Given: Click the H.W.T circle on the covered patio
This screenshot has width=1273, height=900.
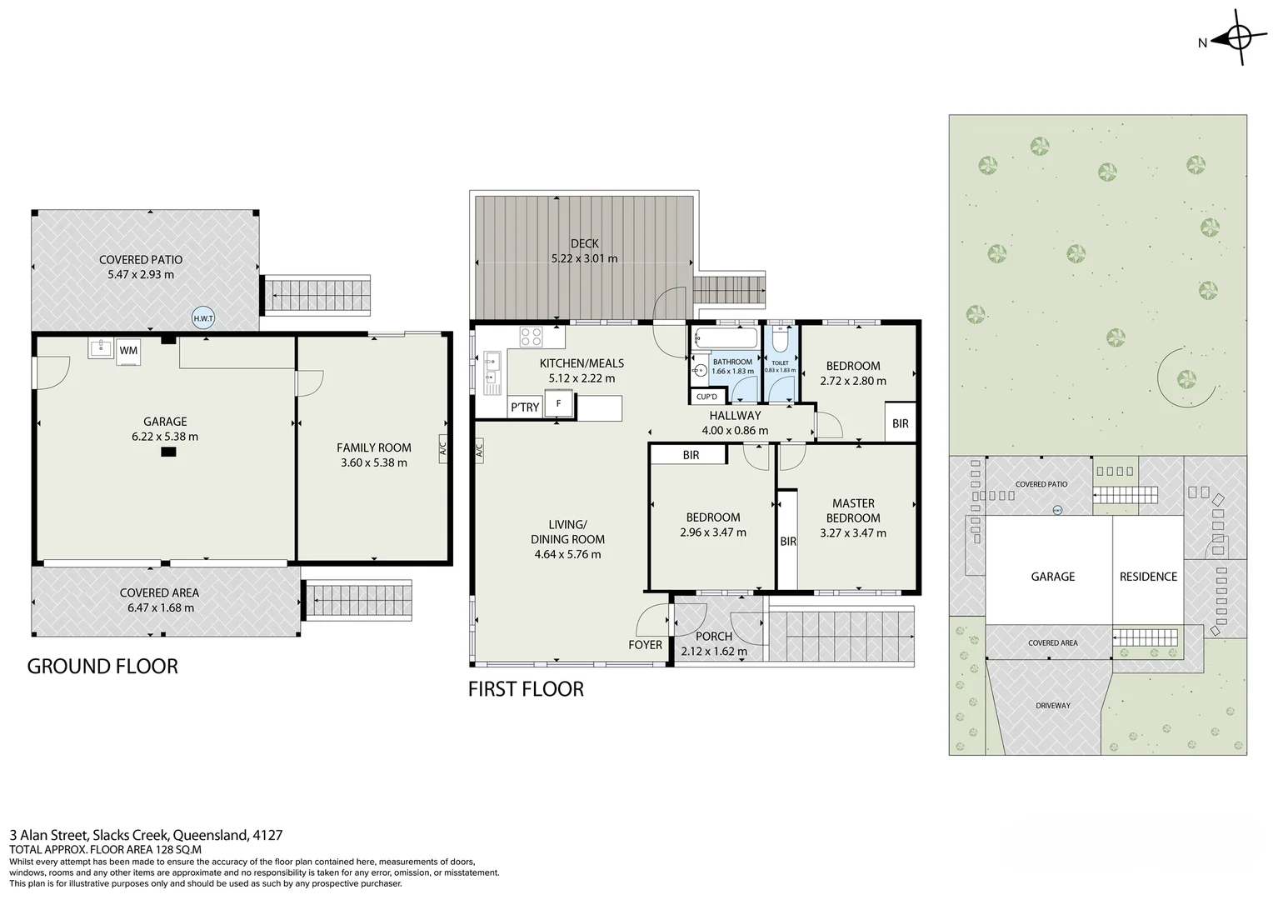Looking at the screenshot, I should point(202,318).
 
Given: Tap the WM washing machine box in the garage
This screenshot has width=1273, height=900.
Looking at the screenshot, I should point(128,351).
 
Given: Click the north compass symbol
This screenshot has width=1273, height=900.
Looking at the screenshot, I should point(1238,37).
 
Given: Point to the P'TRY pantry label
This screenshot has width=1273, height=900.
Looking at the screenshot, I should point(525,407).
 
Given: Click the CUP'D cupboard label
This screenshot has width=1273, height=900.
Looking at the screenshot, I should point(706,397).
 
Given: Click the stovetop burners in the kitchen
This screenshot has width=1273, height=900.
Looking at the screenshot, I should point(532,337).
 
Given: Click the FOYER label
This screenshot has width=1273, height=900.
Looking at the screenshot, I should point(645,644).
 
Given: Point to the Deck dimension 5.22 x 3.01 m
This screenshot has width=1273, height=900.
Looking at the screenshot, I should point(584,258).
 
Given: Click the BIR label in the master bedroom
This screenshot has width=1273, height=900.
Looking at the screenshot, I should point(788,542).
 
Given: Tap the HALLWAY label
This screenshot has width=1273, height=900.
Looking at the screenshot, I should point(735,415).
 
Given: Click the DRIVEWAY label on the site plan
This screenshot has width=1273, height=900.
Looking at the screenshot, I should point(1052,706).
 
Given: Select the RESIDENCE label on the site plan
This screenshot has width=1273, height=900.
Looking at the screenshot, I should point(1148,576).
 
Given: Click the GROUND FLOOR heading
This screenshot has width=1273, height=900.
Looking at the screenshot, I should point(102,667).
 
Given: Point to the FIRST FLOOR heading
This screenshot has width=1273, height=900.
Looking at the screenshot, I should point(526,689).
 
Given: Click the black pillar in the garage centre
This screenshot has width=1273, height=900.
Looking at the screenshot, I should point(168,452).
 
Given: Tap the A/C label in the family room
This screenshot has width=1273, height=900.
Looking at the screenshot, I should point(442,449).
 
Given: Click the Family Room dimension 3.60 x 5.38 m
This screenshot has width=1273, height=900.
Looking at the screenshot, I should point(373,462).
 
